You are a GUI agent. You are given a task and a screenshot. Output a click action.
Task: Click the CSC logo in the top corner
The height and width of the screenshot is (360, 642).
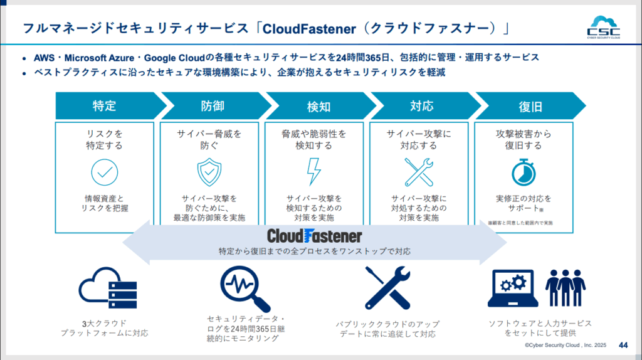click(604, 27)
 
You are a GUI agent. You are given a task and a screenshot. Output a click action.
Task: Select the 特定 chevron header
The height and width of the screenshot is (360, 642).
click(104, 106)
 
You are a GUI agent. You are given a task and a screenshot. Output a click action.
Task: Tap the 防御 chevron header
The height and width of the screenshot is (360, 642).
click(212, 106)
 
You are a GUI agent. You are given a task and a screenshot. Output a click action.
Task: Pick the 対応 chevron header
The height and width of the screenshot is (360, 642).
click(421, 106)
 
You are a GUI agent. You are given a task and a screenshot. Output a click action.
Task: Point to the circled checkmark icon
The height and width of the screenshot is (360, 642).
click(104, 171)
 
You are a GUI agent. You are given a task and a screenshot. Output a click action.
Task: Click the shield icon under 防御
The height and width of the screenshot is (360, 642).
click(209, 171)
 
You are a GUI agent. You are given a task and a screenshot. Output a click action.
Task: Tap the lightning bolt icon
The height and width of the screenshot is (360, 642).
click(313, 171)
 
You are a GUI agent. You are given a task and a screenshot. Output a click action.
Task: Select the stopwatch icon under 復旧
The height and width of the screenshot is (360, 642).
click(522, 171)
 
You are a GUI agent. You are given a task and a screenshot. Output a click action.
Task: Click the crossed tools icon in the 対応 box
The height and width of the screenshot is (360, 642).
click(419, 171)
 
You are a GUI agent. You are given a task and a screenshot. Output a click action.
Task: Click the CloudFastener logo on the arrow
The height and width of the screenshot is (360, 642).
click(314, 236)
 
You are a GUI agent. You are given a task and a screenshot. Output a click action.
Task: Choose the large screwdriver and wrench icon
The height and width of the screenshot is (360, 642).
click(387, 289)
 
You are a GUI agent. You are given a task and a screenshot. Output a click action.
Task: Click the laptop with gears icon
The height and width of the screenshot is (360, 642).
click(512, 289)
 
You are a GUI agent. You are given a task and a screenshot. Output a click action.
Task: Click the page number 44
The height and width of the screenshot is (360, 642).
click(623, 345)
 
